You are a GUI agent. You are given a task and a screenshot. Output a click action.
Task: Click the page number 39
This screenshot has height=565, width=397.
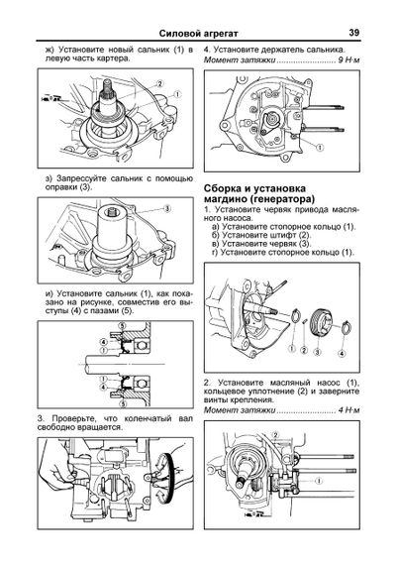(353, 33)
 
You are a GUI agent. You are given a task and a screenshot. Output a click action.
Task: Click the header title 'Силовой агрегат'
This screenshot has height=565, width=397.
(198, 34)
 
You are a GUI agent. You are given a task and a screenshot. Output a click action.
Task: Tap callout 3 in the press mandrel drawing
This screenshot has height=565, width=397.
(167, 208)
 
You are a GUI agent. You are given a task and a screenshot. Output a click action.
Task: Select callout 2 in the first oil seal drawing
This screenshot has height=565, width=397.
(158, 84)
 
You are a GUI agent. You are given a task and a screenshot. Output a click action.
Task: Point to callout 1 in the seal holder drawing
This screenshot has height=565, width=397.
(319, 147)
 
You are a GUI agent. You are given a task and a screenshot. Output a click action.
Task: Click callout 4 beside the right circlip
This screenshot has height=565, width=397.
(342, 354)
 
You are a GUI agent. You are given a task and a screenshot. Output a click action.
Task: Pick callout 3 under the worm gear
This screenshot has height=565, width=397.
(317, 351)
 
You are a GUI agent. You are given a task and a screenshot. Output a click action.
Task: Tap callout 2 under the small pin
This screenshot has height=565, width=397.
(304, 350)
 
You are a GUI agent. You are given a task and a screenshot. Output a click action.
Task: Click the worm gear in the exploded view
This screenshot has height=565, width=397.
(318, 323)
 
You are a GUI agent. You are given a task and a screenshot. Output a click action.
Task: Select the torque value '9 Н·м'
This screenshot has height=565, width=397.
(348, 59)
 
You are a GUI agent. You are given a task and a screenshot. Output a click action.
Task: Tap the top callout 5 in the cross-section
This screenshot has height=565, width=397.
(123, 326)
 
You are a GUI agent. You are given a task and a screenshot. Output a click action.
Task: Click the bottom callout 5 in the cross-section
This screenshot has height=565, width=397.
(123, 403)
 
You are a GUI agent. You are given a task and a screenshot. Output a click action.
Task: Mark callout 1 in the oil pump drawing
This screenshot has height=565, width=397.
(318, 481)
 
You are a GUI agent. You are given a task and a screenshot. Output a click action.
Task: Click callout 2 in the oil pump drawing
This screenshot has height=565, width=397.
(275, 435)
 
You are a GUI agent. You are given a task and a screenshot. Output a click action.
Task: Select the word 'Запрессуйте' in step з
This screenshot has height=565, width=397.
(80, 178)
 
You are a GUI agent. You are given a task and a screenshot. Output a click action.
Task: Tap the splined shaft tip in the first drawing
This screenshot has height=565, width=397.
(107, 85)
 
